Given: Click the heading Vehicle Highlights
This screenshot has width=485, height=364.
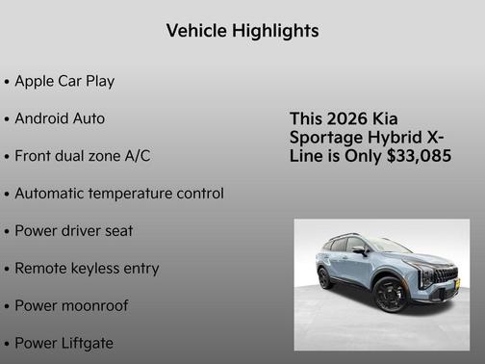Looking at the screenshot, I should point(242,31).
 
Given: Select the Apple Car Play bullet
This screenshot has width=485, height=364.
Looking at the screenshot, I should point(64,81).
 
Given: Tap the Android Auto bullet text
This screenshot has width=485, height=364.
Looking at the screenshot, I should point(60,118).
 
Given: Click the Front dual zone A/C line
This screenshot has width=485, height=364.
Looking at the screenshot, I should point(82,156).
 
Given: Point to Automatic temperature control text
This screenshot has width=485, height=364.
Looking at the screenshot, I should point(118,194).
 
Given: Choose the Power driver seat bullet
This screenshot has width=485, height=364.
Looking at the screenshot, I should point(73,231).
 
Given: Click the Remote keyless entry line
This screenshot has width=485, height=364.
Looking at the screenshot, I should point(87,269).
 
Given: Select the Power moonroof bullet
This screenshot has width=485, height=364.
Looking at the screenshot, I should point(71,306).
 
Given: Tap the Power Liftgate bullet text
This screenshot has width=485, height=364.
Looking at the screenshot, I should point(64,343).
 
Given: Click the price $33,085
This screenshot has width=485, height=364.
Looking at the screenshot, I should point(418,155).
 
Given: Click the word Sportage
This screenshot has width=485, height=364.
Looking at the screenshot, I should point(324,137).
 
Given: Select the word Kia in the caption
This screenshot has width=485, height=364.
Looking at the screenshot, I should point(385,118).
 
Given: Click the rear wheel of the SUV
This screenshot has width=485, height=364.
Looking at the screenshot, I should point(325,278).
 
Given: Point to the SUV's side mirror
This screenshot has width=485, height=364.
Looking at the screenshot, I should point(358,249).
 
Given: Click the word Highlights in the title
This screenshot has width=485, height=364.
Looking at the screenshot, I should point(276,31).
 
